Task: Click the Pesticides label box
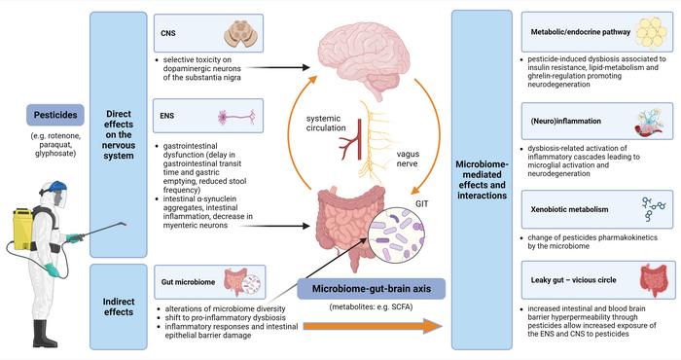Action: tap(47, 118)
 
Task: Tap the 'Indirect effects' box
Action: tap(118, 302)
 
